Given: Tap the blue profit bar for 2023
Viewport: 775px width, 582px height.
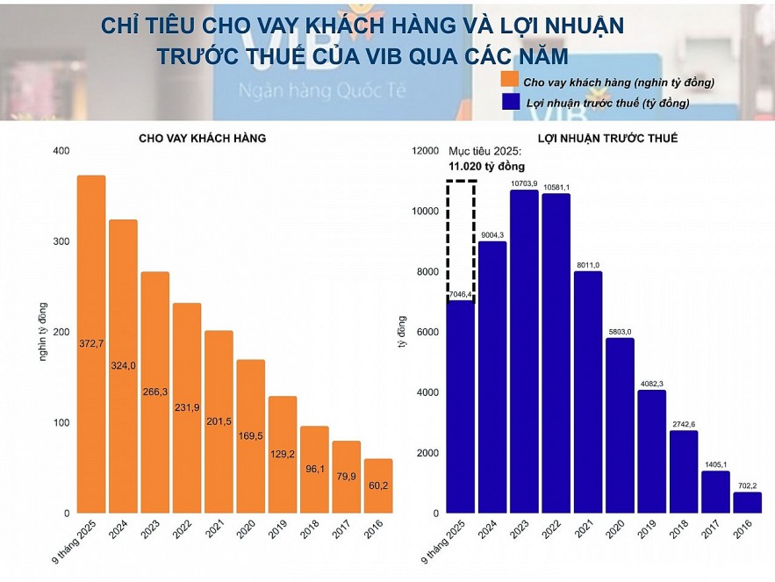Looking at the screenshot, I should point(524,351).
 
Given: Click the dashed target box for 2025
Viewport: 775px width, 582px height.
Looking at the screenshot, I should point(461,237).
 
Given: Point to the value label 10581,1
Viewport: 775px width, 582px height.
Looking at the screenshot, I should point(556,187).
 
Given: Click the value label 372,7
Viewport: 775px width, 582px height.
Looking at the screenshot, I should point(91,342).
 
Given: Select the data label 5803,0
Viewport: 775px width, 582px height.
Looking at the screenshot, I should point(620,331).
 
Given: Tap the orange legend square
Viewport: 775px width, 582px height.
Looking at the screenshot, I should point(508,81).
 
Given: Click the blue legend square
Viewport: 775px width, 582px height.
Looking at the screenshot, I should point(508,103).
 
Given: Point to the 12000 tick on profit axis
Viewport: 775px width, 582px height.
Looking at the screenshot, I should point(425,151).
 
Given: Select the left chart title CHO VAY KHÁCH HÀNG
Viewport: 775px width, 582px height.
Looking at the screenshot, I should point(202,138).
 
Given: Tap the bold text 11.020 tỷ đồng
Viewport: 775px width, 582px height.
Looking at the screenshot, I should point(486,166).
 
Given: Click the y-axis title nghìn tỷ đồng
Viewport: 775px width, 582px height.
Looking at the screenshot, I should point(41,332).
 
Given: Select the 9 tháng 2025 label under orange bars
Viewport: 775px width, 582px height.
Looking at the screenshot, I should point(84,540).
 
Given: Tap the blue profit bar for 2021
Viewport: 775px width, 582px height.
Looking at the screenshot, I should point(588,395).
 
